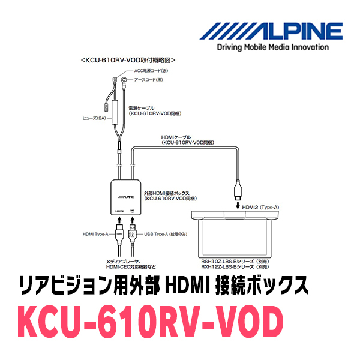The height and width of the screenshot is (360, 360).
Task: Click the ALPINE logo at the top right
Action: tap(272, 30)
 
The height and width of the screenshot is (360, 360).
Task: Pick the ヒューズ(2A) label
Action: tap(94, 118)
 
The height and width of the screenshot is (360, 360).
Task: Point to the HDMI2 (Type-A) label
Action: tap(260, 207)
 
